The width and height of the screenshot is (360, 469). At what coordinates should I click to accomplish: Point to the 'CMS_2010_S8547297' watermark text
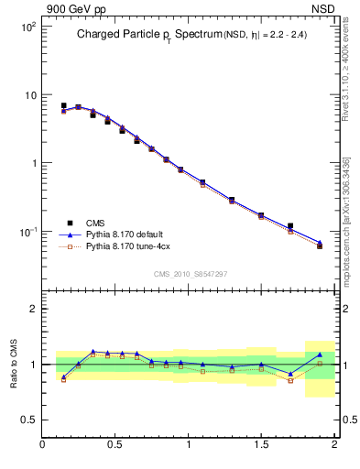tap(190, 274)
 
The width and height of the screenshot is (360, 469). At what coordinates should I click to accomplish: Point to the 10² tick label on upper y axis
tap(28, 27)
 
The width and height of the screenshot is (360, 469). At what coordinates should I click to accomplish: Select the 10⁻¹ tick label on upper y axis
tap(28, 232)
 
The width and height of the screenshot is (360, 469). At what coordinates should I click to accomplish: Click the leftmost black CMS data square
tap(63, 106)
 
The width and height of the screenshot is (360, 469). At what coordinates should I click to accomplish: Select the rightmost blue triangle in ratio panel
tap(320, 354)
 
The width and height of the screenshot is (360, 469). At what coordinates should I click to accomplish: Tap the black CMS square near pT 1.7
tap(290, 225)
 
